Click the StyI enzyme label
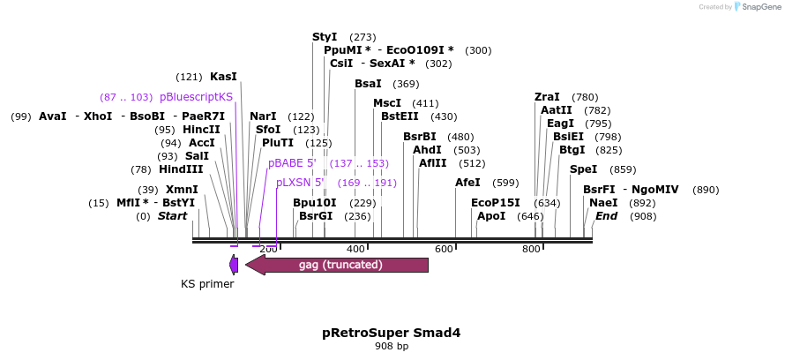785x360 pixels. (325, 37)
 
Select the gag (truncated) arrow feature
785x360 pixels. (340, 265)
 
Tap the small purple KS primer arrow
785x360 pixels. (234, 264)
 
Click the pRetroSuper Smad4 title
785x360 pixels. (392, 333)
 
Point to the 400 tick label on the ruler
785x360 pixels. (356, 250)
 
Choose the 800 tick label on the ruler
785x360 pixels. (531, 250)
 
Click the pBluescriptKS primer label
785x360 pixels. (196, 96)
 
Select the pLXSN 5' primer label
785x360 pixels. (300, 183)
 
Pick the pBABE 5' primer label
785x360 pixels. (294, 163)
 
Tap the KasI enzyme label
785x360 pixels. (223, 77)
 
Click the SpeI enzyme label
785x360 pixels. (583, 169)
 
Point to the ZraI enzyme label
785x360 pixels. (547, 96)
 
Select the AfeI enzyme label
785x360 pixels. (467, 183)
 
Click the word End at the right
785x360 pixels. (606, 216)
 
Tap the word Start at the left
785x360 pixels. (172, 216)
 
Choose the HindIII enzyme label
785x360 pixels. (181, 169)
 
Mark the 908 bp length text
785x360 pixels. (392, 346)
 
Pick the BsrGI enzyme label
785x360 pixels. (316, 216)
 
